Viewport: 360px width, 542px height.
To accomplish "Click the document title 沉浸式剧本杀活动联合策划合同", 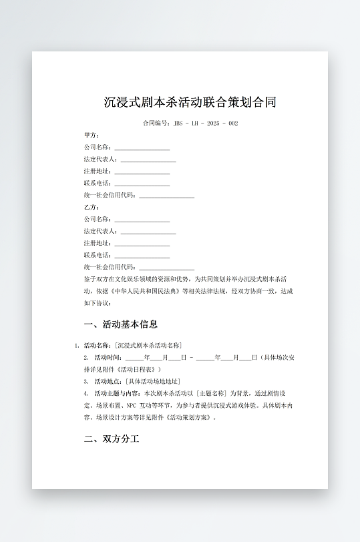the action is (190, 103).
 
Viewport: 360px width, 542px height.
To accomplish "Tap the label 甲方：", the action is (92, 135).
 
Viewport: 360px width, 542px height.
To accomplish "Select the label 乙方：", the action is (92, 207).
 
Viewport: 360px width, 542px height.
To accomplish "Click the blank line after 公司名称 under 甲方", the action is (142, 148).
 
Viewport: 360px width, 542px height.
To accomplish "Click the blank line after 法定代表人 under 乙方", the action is (148, 232).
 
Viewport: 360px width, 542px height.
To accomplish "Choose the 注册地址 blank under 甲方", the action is (142, 172).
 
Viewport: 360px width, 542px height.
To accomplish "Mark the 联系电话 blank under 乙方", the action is (142, 256).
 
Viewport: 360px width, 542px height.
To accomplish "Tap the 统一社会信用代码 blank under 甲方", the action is (166, 196).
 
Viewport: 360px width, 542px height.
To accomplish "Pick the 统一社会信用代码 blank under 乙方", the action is (166, 268).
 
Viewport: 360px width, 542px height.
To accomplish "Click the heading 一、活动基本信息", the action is (121, 324).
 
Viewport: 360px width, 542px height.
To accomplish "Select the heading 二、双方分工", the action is (112, 440).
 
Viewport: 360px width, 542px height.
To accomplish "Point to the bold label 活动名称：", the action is (98, 345).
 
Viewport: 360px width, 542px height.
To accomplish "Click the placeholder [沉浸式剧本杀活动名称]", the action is (148, 345).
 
